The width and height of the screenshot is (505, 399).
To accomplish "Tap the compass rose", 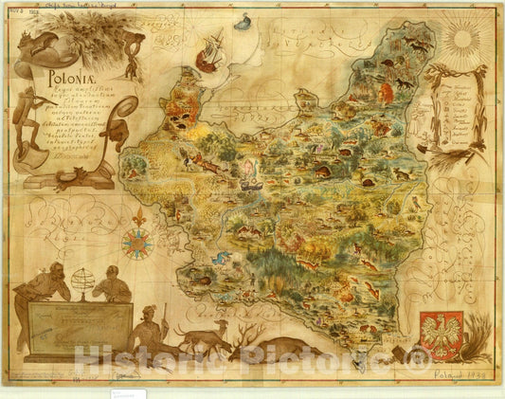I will point(136,245).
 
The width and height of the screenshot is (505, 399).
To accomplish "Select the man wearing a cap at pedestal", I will point(114,285).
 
